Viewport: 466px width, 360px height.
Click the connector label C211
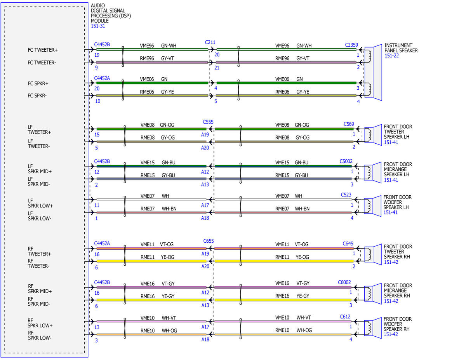point(210,42)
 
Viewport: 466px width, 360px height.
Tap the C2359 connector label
point(351,45)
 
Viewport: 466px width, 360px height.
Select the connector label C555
point(208,122)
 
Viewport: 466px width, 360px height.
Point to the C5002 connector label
point(346,161)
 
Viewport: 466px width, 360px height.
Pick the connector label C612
point(345,317)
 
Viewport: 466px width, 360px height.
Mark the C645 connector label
point(348,243)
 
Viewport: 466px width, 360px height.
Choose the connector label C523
point(346,195)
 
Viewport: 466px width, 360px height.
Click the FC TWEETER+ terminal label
point(43,50)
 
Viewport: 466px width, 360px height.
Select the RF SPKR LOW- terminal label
point(40,336)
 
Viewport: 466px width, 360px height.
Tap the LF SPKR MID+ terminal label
point(40,169)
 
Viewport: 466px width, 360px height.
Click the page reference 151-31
point(98,26)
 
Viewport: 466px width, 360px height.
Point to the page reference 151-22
point(391,56)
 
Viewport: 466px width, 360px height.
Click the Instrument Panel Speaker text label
point(401,48)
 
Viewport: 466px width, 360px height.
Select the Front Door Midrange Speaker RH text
point(398,290)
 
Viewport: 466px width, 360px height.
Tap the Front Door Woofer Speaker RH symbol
point(373,328)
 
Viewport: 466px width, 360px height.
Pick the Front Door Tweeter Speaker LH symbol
point(373,135)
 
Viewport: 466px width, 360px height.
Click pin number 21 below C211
point(217,68)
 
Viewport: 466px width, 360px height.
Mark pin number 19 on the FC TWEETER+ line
point(97,55)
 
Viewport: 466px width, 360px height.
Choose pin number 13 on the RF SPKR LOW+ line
point(97,327)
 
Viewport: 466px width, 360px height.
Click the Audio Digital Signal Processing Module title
point(111,13)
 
